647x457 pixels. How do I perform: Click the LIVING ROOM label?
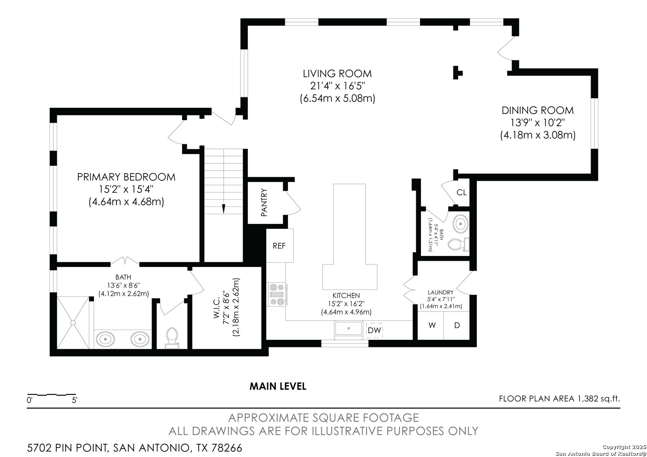pos(337,74)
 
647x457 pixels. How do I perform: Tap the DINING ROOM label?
pos(537,110)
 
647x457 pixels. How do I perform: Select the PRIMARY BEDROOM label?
pos(126,177)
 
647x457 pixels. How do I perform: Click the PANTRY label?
pos(264,202)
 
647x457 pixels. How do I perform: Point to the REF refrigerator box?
pos(279,245)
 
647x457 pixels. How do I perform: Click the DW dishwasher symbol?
pos(374,330)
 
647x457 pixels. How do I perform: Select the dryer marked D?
pos(456,325)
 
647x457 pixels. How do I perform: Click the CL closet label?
pos(462,192)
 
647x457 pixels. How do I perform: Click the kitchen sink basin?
pos(348,329)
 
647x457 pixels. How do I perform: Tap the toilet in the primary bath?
pos(172,338)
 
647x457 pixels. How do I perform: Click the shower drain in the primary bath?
pos(73,322)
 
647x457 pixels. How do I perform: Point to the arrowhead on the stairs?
pos(224,209)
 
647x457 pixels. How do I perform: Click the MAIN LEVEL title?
pos(278,386)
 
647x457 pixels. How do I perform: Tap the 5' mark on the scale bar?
pos(75,400)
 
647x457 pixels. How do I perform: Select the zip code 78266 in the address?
pos(227,448)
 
